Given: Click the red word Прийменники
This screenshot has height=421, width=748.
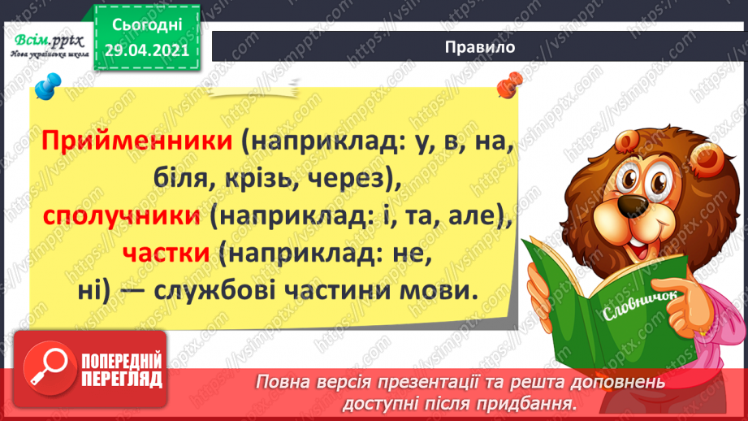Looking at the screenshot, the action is [x=137, y=141].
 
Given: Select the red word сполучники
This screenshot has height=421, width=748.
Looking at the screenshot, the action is [x=122, y=216].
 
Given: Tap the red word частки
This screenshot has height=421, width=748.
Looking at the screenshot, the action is [x=166, y=253].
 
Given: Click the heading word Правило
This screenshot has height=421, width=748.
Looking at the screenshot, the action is [x=480, y=47].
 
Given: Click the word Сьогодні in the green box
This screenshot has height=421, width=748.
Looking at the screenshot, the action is [x=147, y=25].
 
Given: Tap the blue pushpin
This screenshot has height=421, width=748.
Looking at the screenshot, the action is [x=48, y=86].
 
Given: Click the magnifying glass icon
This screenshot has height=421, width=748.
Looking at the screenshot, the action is [x=50, y=367].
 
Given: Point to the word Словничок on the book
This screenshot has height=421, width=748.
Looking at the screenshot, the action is [x=640, y=306].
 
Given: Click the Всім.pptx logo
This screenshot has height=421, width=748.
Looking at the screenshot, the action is [x=50, y=46].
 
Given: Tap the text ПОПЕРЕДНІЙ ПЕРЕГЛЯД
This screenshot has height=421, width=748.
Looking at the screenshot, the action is [x=122, y=371].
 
